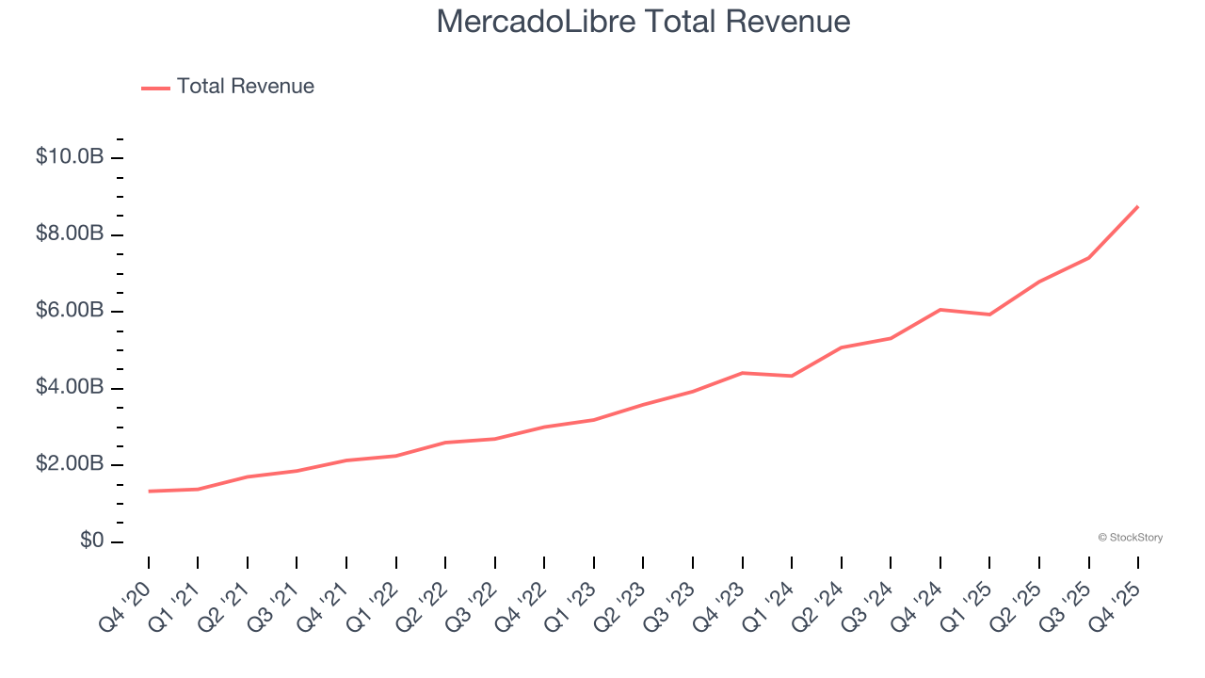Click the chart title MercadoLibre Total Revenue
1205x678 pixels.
(643, 22)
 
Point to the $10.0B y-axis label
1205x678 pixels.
(70, 156)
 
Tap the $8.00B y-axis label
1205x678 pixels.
(70, 234)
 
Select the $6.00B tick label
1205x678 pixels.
(70, 311)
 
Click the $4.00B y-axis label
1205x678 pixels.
(70, 388)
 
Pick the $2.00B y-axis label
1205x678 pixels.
(70, 464)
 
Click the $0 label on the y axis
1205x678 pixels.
(91, 541)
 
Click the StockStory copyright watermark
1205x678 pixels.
(1130, 538)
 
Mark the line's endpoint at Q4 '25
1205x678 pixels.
(1138, 206)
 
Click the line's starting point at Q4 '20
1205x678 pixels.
(149, 492)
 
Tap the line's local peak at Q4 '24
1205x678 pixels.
(940, 309)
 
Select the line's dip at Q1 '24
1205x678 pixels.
(792, 376)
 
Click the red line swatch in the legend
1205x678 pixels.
(155, 88)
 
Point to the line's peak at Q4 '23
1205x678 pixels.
(743, 373)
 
